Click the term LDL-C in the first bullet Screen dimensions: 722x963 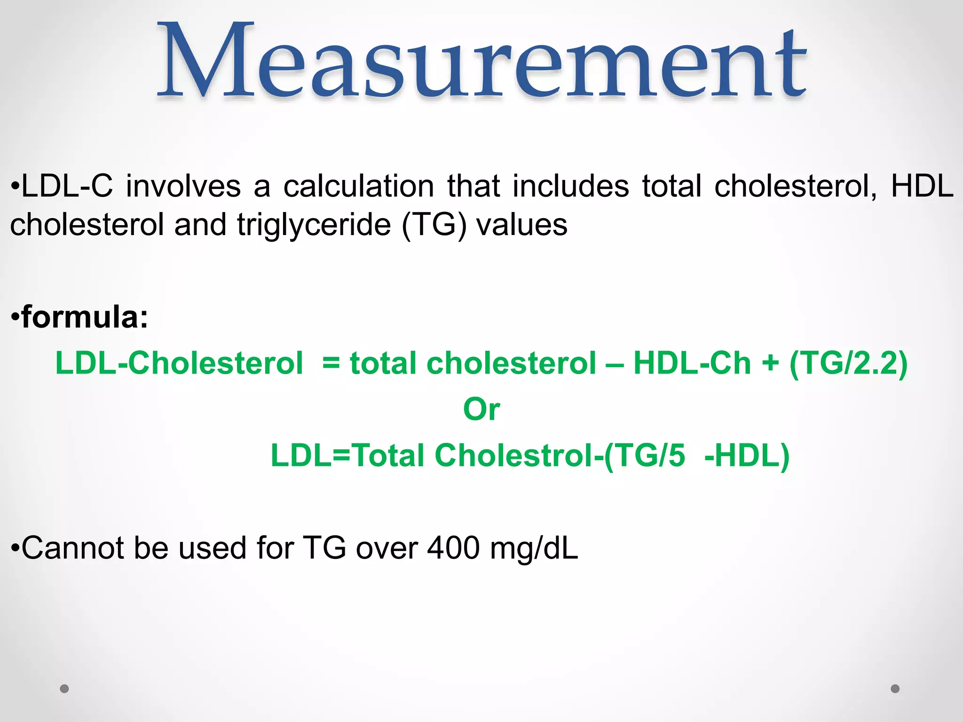67,186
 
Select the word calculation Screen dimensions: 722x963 358,186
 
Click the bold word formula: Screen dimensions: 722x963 85,317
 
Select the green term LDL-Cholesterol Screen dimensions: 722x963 179,363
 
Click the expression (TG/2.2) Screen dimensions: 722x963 848,363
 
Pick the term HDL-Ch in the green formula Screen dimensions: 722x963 692,363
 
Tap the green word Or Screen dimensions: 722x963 481,409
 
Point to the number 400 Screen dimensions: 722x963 453,548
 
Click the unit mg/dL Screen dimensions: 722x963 534,548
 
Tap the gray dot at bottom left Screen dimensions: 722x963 64,689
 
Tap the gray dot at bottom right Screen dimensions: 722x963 895,689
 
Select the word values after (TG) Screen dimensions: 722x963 522,225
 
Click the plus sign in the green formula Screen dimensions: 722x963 770,364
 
